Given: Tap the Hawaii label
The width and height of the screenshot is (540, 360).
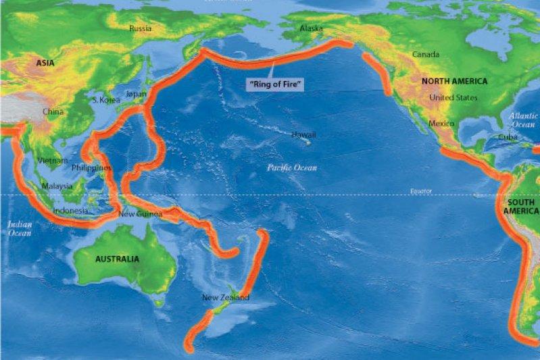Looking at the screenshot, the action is (303, 135).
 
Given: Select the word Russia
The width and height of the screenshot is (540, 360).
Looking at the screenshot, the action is (141, 28).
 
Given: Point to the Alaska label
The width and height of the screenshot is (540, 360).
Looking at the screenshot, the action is (312, 28).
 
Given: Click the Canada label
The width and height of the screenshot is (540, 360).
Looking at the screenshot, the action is (426, 55).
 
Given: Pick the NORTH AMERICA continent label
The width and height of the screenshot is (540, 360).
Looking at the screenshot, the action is (454, 81).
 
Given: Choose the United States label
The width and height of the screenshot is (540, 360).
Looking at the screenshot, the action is (453, 98).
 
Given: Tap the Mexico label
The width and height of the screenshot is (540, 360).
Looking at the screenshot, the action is (441, 124).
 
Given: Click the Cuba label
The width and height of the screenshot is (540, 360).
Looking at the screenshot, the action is (508, 137).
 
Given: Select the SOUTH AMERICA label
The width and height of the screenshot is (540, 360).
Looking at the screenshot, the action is (521, 206).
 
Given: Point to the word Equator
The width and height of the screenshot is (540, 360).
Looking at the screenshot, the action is (420, 191).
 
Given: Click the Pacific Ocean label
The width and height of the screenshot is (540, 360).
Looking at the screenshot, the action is (291, 167).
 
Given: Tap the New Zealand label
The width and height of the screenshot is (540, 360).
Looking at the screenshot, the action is (226, 297).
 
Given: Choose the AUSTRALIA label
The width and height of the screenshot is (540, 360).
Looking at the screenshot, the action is (117, 259).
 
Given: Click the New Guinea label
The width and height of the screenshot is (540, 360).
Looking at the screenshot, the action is (140, 215).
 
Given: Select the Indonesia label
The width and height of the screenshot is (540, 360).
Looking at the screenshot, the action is (70, 210).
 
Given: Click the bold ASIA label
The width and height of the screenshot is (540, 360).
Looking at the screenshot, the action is (45, 63).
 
